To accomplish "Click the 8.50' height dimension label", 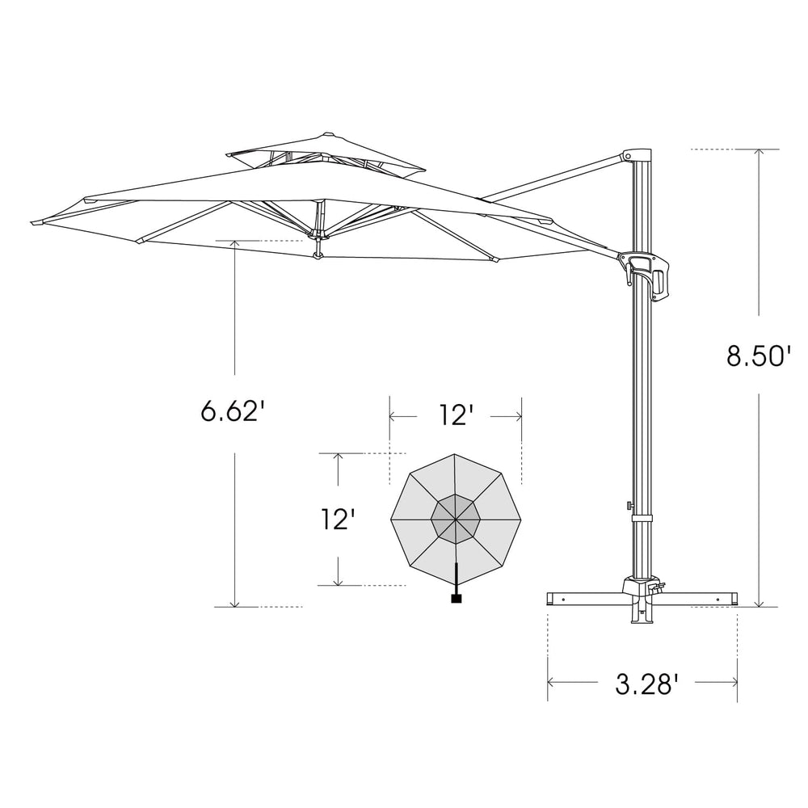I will point(758,356).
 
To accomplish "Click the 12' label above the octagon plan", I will point(456,415).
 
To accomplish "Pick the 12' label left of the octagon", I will point(336,518).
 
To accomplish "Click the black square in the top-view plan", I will point(456,599).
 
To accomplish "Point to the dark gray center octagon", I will point(456,518).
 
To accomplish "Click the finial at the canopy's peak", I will point(327,134).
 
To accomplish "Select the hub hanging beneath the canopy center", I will point(318,256).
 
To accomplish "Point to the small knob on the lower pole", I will point(628,506).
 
